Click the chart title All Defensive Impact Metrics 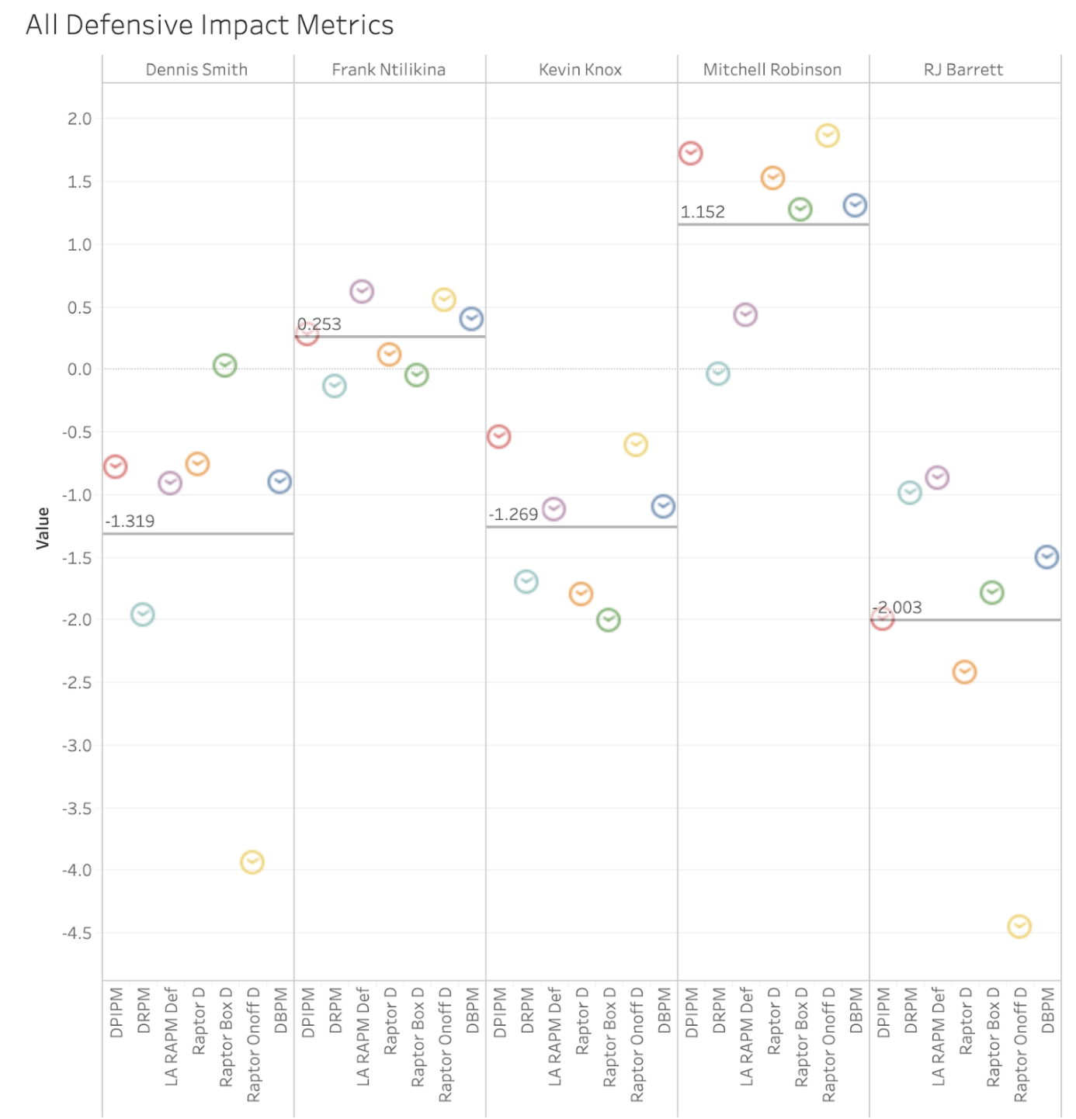click(210, 25)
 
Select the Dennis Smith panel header click(196, 70)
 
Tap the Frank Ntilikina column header click(388, 70)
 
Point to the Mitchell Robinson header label click(772, 70)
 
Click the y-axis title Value click(43, 528)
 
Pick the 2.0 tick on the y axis click(79, 119)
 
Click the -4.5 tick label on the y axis click(77, 934)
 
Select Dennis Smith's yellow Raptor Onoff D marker click(252, 862)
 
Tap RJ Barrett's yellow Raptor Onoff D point click(1019, 927)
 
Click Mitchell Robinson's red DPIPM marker click(690, 154)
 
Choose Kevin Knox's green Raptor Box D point click(609, 620)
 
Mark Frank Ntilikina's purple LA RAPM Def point click(362, 292)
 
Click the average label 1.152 click(703, 212)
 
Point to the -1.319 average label click(130, 521)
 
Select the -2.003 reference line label click(897, 608)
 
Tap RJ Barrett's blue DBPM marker click(1046, 557)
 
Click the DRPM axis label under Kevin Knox click(527, 1010)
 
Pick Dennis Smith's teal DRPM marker click(143, 615)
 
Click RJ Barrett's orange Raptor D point click(964, 672)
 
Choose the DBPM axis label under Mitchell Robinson click(856, 1010)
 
